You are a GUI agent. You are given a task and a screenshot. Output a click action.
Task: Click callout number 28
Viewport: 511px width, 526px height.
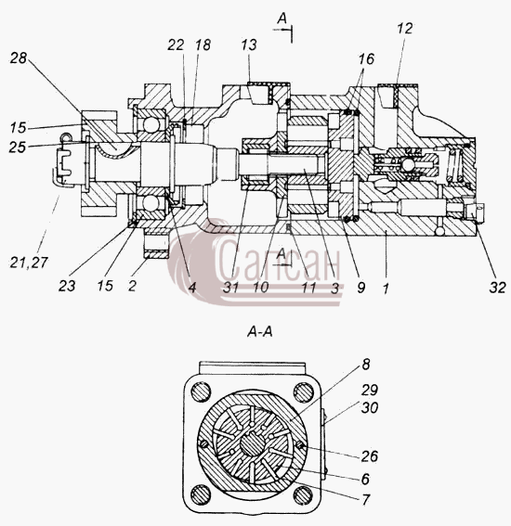point(19,58)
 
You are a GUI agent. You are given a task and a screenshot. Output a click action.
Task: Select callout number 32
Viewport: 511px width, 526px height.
point(497,288)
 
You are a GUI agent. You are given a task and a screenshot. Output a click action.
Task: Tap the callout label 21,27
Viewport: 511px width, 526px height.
point(29,263)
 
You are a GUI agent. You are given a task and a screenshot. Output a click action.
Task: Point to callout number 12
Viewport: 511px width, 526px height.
point(404,29)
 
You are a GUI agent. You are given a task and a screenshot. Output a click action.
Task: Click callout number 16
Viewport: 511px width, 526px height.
point(366,59)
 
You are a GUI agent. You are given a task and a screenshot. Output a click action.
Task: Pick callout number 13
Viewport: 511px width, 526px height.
point(249,45)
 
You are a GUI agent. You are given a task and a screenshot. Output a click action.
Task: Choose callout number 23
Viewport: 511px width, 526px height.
point(67,286)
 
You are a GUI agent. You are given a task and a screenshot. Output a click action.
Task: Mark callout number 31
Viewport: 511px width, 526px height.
point(230,288)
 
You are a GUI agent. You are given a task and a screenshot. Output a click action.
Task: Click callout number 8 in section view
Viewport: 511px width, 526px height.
point(366,365)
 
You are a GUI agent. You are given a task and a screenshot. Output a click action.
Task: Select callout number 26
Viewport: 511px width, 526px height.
point(370,455)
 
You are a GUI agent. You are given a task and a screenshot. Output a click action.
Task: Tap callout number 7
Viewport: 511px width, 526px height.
point(365,499)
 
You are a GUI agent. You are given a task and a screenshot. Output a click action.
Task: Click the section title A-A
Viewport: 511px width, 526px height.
point(260,332)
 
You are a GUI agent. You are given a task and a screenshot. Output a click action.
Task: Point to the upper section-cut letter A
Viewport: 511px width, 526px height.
point(282,19)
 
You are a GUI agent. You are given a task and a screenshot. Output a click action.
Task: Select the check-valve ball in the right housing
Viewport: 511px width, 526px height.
point(408,165)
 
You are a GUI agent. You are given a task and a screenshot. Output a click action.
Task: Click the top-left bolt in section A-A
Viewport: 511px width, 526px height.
point(201,391)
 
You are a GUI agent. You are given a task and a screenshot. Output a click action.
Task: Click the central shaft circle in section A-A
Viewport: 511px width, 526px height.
point(253,444)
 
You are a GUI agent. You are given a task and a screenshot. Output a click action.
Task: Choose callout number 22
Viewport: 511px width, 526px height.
point(176,45)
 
